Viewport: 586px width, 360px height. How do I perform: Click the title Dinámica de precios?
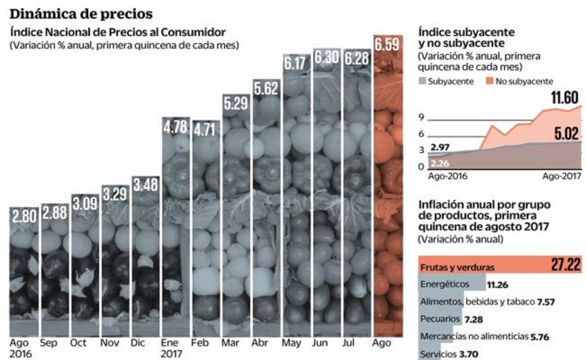tap(81, 14)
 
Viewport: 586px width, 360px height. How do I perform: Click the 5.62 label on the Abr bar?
tap(266, 89)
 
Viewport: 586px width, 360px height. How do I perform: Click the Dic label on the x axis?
tap(137, 343)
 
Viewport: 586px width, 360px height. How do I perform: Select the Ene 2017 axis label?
tap(171, 348)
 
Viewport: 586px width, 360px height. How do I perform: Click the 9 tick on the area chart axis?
tap(422, 118)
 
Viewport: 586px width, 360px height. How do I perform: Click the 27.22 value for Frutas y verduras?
tap(566, 265)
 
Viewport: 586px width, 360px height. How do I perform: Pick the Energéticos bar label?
tap(445, 284)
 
